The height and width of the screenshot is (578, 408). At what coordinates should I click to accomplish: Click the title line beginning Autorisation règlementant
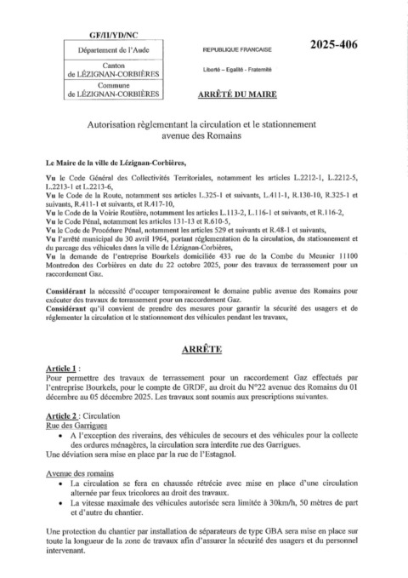point(204,123)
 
